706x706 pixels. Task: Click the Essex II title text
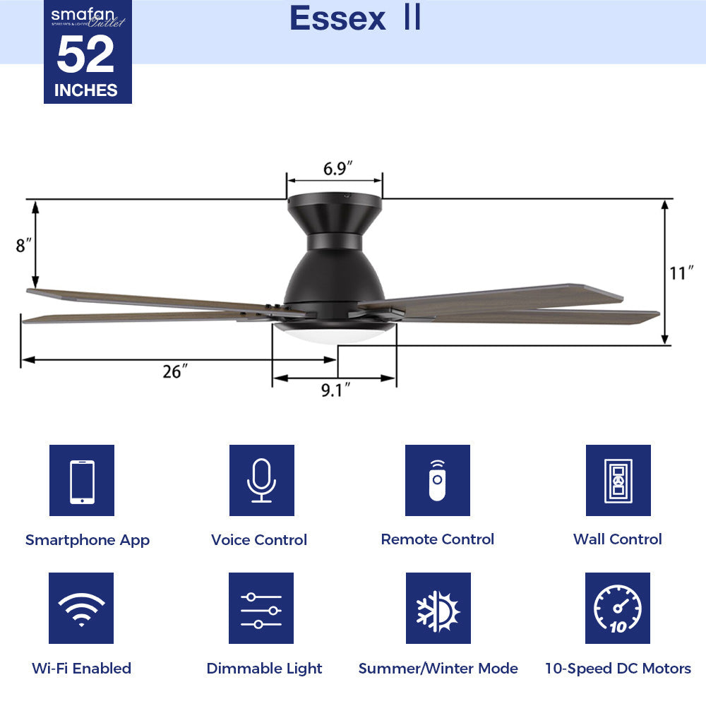[355, 19]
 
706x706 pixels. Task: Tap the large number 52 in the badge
[85, 55]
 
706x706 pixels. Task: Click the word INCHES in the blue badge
[86, 90]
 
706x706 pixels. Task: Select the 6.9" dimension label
[337, 169]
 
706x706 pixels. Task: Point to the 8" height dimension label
[24, 245]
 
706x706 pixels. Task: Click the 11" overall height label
[682, 273]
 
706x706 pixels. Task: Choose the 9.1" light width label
[336, 390]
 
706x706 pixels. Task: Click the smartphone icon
[82, 481]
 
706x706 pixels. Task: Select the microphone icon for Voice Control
[261, 481]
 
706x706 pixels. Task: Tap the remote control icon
[438, 481]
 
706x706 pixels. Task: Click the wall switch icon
[618, 481]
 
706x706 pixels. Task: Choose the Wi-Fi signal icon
[82, 608]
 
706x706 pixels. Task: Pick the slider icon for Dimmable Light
[261, 608]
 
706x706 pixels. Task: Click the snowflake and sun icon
[438, 608]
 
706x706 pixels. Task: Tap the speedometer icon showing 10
[618, 608]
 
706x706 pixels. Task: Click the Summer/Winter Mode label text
[438, 668]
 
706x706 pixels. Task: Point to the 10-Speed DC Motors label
[618, 668]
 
